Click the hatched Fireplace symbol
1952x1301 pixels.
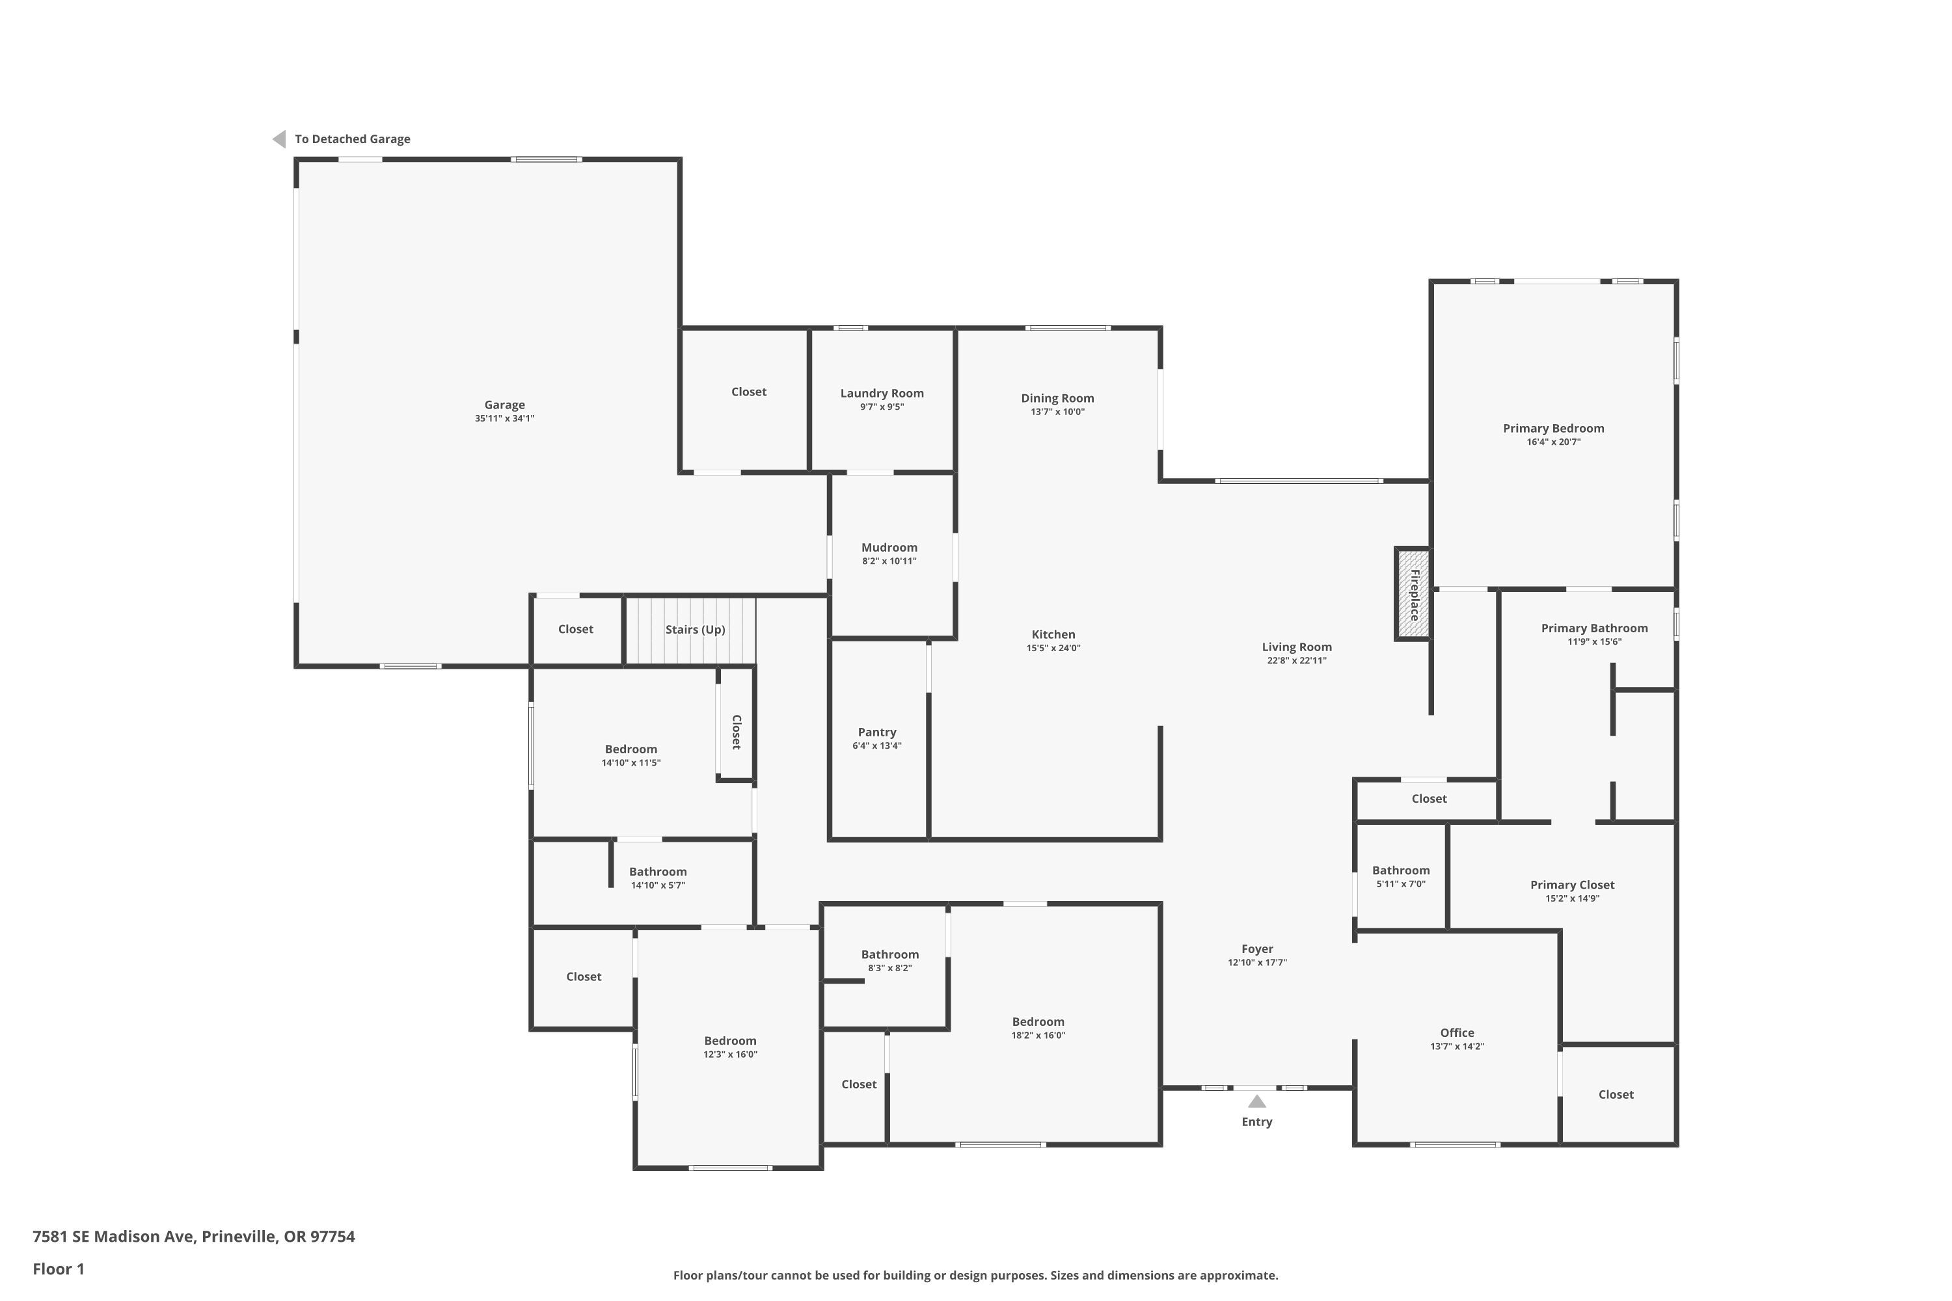[1413, 594]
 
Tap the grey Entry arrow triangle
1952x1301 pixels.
[1256, 1101]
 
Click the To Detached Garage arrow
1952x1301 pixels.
[279, 139]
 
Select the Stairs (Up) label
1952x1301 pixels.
[696, 630]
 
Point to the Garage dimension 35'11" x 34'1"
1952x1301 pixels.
[505, 418]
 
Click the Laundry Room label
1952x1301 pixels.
[882, 394]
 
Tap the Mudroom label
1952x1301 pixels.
[889, 548]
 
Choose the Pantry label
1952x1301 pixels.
[876, 732]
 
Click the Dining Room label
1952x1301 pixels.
[1057, 398]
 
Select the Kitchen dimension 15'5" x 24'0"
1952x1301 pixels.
[1053, 648]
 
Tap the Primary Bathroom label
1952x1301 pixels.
[1594, 628]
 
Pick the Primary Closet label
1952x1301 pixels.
[1572, 885]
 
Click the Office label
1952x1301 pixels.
[1457, 1033]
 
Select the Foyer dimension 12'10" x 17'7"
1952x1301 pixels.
[1256, 963]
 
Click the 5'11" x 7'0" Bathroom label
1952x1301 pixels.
[1400, 870]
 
